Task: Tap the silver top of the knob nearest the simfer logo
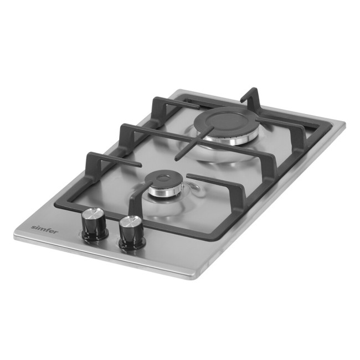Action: pyautogui.click(x=94, y=213)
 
